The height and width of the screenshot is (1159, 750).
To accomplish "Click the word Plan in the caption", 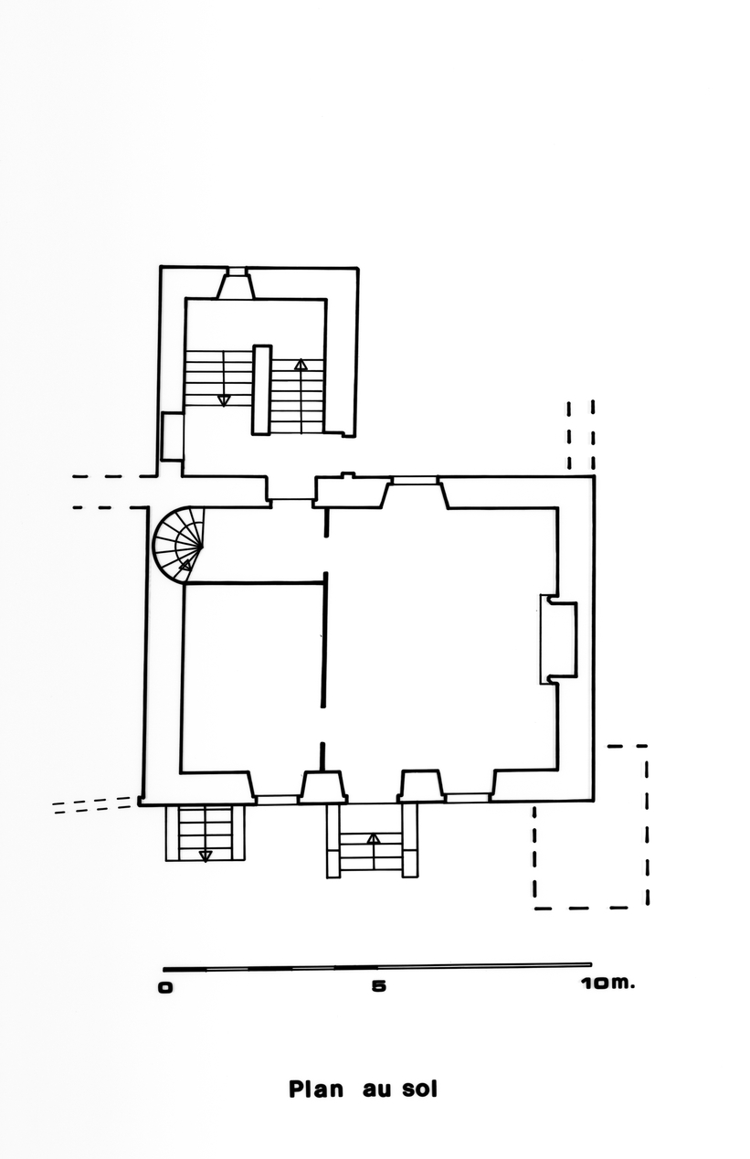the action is coord(315,1090).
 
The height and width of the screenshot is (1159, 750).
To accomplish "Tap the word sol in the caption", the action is coord(419,1090).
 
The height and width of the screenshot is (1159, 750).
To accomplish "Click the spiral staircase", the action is coord(178,545).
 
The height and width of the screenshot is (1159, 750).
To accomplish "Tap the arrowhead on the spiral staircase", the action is coord(185,565).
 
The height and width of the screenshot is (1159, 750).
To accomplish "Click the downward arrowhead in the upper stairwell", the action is coord(224,400).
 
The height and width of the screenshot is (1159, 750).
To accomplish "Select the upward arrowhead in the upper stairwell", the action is coord(301,365).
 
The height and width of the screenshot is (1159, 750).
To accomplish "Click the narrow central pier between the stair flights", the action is coord(261,389).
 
